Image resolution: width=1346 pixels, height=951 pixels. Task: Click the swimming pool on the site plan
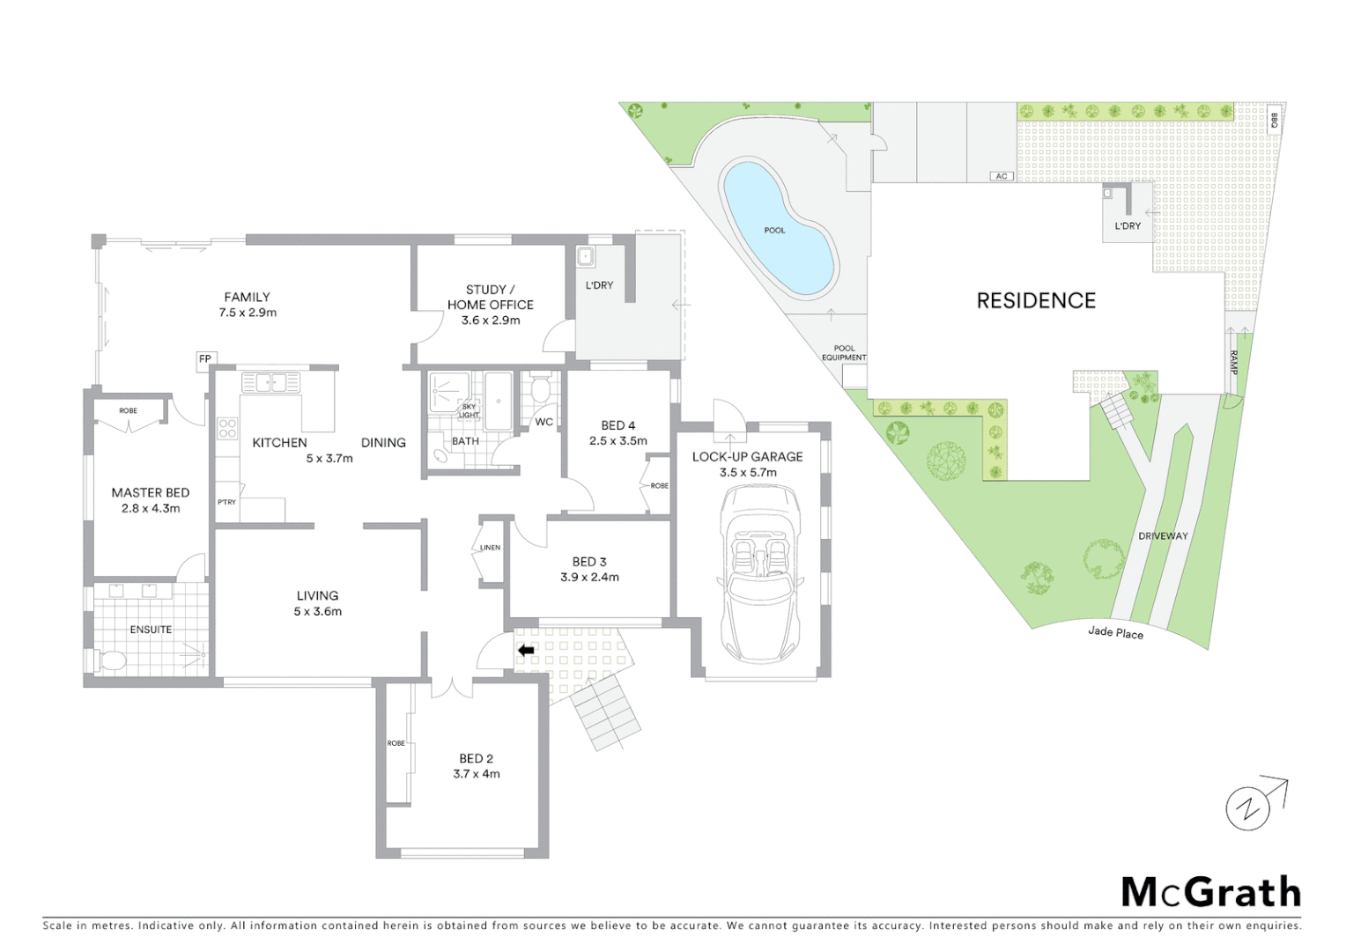pos(776,228)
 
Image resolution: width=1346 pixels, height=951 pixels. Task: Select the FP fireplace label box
pos(204,359)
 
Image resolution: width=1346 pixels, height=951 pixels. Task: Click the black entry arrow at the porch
pos(526,651)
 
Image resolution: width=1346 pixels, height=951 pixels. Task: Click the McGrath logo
pos(1209,892)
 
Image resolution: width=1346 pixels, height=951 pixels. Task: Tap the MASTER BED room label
pos(150,493)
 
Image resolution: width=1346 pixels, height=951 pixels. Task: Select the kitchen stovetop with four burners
pos(227,429)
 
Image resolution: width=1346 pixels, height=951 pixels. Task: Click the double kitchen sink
pos(271,382)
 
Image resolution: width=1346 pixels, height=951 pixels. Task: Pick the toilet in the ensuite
pos(112,660)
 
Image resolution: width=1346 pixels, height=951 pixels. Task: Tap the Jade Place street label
pos(1115,632)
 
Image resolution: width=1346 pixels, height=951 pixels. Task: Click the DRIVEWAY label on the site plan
pos(1162,536)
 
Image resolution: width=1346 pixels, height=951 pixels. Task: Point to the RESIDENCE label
pos(1036,301)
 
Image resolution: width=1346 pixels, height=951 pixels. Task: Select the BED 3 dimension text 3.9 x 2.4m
pos(589,578)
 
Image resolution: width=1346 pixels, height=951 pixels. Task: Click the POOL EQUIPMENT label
pos(844,353)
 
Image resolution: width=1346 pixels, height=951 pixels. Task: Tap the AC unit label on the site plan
pos(1001,176)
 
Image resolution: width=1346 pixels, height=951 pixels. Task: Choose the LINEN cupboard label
pos(490,548)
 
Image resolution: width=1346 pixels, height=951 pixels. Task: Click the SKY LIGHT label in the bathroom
pos(470,411)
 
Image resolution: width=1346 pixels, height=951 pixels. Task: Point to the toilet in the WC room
pos(541,388)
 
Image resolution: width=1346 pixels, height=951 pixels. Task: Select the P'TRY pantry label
pos(226,502)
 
